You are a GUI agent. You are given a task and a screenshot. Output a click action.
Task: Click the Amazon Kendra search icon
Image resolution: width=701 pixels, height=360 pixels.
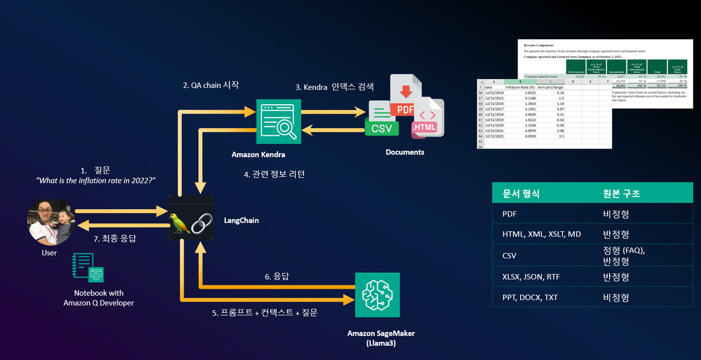click(x=279, y=122)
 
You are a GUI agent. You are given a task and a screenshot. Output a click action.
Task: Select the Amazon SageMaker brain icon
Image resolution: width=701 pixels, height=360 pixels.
click(x=377, y=294)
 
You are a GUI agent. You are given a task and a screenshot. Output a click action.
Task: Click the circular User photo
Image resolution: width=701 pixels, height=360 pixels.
click(x=51, y=222)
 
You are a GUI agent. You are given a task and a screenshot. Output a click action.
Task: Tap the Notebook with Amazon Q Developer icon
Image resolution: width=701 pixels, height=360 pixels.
click(x=88, y=267)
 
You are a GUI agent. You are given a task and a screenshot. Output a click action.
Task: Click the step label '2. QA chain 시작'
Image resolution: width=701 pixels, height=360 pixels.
click(x=211, y=85)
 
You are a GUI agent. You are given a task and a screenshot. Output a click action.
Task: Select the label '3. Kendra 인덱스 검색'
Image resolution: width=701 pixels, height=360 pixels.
click(x=334, y=88)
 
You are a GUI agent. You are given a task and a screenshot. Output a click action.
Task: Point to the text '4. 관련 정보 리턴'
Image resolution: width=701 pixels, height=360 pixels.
click(x=274, y=174)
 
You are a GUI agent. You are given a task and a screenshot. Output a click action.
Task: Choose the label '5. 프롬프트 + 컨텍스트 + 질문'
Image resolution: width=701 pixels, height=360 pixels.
click(x=265, y=312)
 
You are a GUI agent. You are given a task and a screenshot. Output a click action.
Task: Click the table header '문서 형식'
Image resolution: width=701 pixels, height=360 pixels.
click(x=521, y=193)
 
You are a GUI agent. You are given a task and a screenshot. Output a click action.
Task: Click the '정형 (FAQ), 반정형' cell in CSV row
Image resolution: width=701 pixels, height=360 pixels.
click(x=623, y=255)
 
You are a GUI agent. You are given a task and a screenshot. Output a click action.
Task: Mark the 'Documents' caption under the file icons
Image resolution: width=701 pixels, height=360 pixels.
click(x=405, y=152)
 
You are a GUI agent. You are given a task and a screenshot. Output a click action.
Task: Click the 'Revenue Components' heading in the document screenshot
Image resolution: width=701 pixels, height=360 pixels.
click(x=538, y=45)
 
